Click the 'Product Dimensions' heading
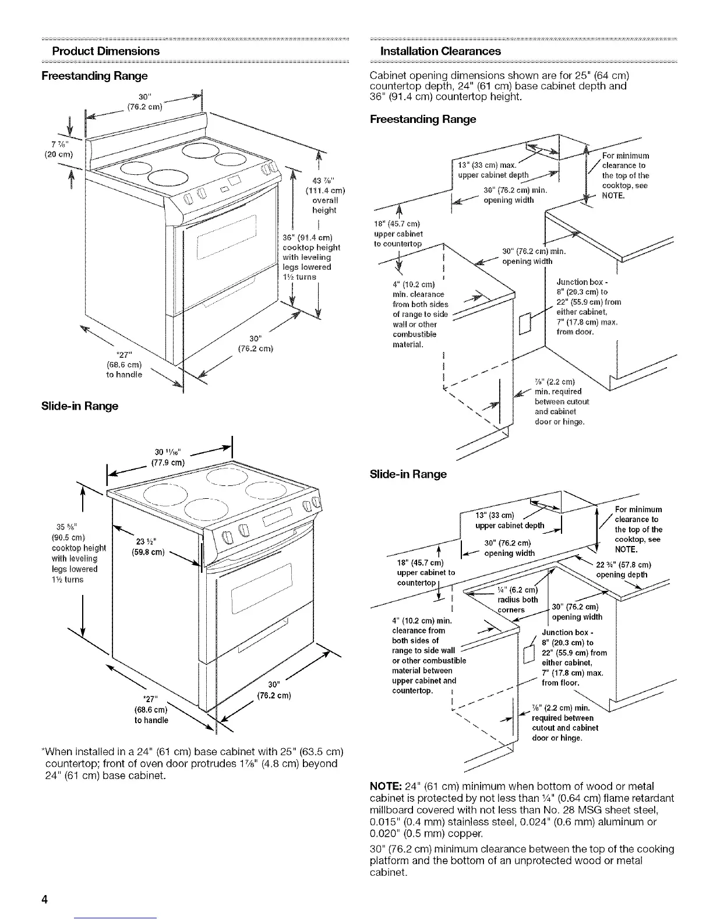[105, 51]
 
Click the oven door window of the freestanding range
[225, 238]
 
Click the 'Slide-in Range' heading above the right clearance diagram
[408, 474]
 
